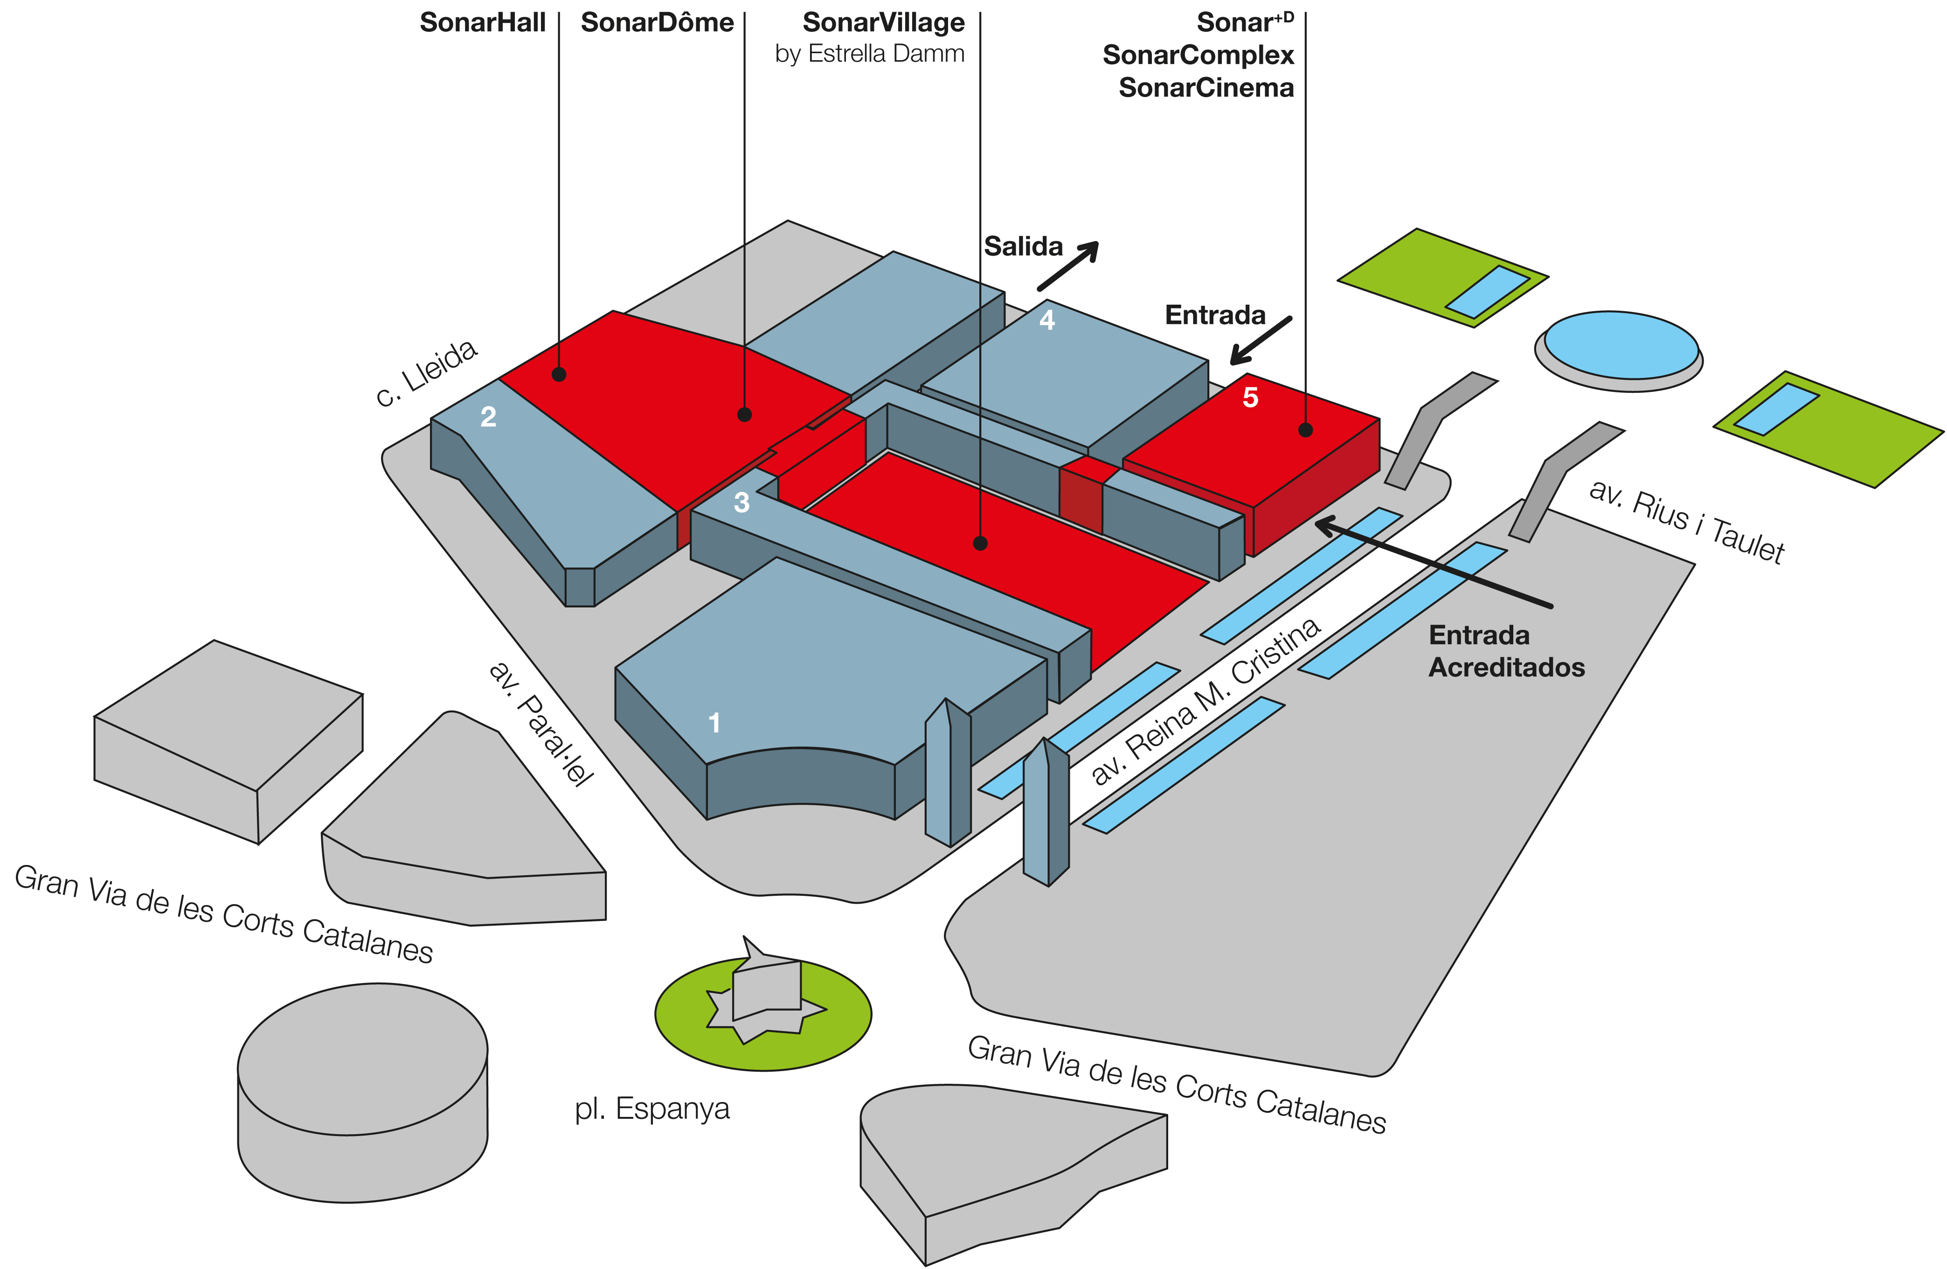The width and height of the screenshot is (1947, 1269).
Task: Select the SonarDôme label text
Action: click(657, 23)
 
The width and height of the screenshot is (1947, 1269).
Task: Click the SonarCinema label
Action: click(1206, 88)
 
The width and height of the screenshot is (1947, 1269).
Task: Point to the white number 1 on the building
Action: click(714, 723)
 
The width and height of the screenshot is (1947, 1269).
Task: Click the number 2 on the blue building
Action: click(488, 417)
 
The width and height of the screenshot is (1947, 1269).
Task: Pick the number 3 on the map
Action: click(741, 502)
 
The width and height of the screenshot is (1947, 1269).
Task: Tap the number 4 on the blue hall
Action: click(1047, 320)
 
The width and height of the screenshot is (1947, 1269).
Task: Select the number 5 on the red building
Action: click(1250, 397)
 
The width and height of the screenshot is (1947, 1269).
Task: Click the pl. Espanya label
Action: click(652, 1109)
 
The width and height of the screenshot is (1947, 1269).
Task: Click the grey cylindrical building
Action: click(362, 1092)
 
